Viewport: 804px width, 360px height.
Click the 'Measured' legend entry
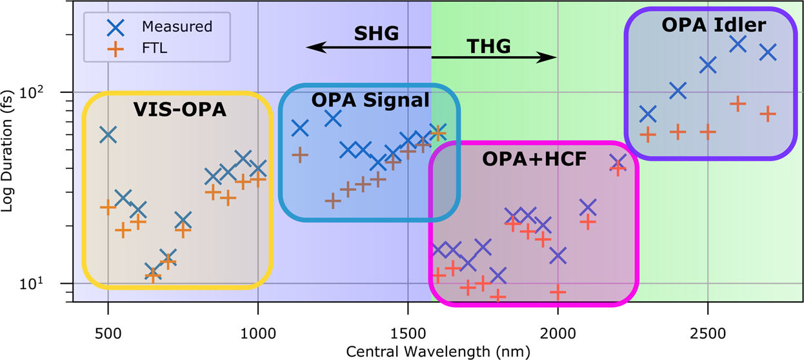tap(177, 26)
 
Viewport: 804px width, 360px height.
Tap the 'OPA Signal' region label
tap(370, 100)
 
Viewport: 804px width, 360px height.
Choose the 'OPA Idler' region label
tap(713, 26)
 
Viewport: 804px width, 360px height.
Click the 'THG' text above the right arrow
tap(488, 46)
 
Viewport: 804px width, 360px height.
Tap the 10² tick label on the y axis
tap(52, 92)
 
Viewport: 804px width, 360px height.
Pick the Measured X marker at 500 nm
tap(108, 135)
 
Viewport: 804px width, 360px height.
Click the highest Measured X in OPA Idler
tap(738, 44)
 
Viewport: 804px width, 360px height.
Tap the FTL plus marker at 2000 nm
tap(558, 292)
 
